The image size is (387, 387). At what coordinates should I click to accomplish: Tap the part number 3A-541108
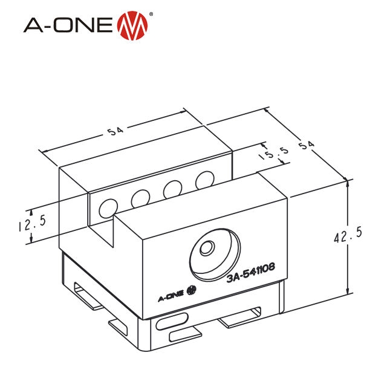coord(251,277)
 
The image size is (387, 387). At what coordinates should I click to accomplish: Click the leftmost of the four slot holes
coord(107,207)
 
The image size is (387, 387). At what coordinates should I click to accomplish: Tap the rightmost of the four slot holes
coord(204,180)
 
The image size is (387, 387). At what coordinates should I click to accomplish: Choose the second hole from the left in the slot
coord(140,198)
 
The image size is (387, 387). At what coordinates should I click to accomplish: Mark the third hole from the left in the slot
coord(174,189)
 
